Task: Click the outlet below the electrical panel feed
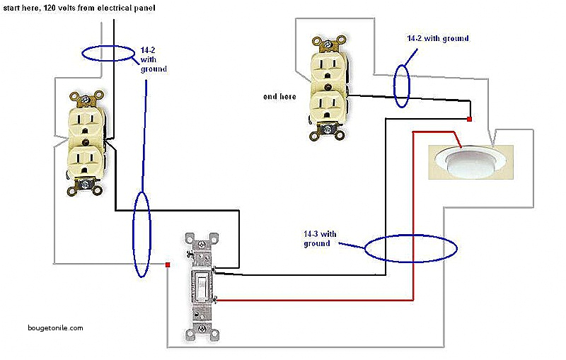tap(86, 142)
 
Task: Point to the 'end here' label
tap(279, 96)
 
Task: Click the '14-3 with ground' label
tap(318, 238)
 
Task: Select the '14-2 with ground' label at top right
tap(437, 38)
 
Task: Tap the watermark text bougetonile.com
tap(56, 328)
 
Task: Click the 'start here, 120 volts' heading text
tap(79, 8)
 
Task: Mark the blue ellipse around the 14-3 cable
tap(411, 248)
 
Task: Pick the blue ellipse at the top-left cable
tap(108, 53)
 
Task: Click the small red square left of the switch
tap(168, 265)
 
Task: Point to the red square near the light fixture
tap(469, 120)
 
